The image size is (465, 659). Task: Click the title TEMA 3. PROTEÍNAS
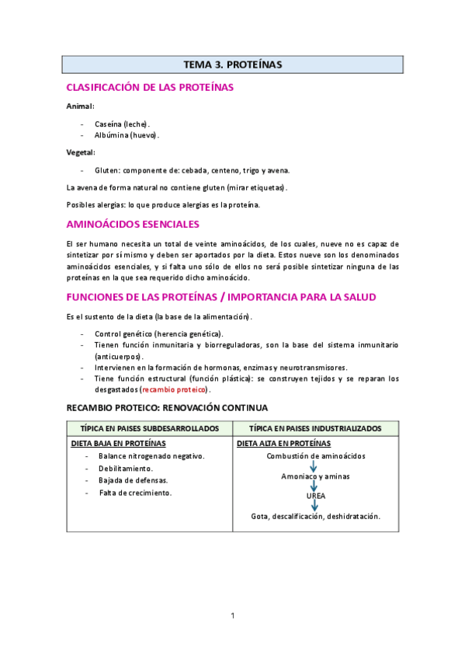[x=232, y=65]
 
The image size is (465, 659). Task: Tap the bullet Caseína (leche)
[x=122, y=124]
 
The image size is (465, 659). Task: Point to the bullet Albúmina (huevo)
[x=127, y=135]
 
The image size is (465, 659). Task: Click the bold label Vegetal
[x=81, y=152]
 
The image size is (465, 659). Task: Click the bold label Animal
[x=80, y=106]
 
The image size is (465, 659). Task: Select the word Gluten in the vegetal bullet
[x=106, y=170]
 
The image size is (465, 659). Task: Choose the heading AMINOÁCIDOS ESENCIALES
[x=133, y=225]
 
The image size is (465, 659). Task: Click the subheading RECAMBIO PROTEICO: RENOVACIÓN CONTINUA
[x=167, y=407]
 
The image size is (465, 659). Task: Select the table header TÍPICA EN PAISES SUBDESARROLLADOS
[x=150, y=429]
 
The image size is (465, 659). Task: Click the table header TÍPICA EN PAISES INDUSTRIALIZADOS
[x=315, y=429]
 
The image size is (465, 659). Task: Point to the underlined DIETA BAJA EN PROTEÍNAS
[x=118, y=444]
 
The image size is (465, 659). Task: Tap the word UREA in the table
[x=315, y=495]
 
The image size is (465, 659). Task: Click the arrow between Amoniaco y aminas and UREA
[x=315, y=486]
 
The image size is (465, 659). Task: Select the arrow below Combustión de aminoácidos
[x=315, y=466]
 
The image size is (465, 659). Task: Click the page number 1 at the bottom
[x=232, y=616]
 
